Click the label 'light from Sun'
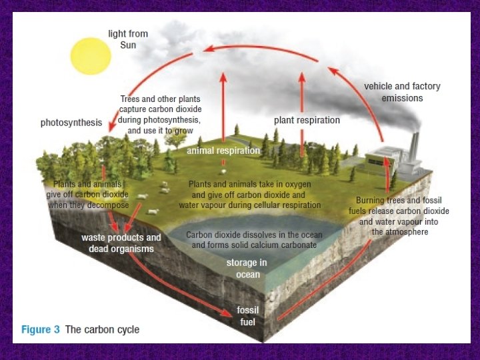[128, 39]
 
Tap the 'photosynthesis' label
[71, 123]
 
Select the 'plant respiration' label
[307, 121]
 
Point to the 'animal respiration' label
[223, 151]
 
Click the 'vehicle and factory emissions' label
[402, 92]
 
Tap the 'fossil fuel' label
[247, 316]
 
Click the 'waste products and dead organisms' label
[121, 243]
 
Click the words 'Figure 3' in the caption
[41, 329]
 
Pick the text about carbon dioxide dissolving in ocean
[253, 240]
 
